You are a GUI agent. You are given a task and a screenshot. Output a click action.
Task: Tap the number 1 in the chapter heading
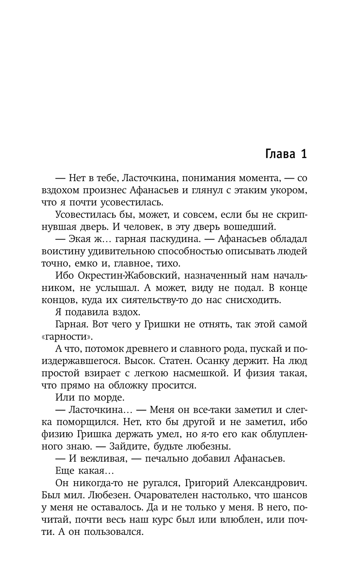pyautogui.click(x=303, y=154)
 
